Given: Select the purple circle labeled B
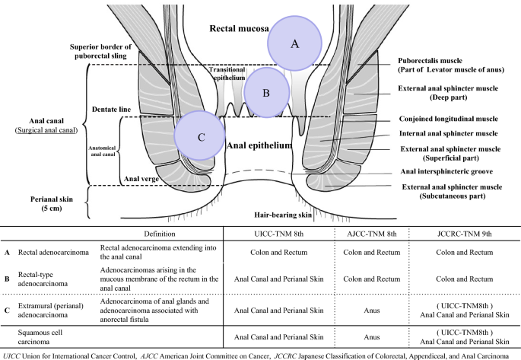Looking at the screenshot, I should (x=266, y=93).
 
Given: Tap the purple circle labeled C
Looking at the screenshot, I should (x=200, y=136).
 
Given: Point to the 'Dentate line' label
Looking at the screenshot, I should (x=111, y=110).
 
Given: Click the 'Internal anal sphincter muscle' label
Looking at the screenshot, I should (x=453, y=134).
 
